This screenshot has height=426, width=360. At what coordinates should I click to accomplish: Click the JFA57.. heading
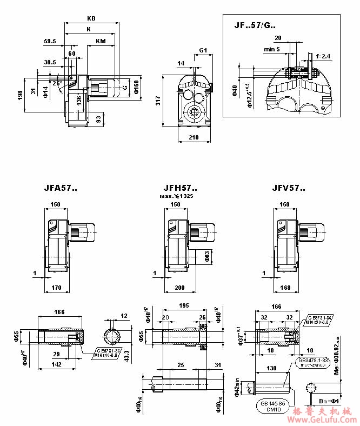[x=61, y=189]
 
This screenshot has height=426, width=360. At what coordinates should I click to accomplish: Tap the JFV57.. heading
[x=289, y=189]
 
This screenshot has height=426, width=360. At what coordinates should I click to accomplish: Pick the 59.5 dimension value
[x=50, y=41]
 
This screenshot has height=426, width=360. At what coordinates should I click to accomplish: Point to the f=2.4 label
[x=323, y=56]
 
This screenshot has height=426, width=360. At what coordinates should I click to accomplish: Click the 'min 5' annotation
[x=272, y=49]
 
